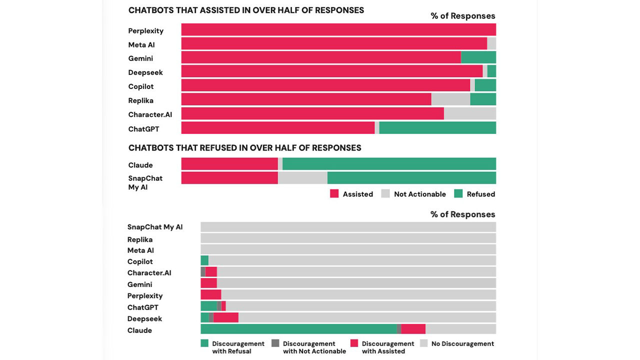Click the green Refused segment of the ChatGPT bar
pyautogui.click(x=437, y=128)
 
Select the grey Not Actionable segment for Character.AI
pyautogui.click(x=469, y=114)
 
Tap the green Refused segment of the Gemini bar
pyautogui.click(x=478, y=57)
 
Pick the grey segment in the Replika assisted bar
pyautogui.click(x=450, y=99)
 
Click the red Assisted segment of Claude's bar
pyautogui.click(x=229, y=164)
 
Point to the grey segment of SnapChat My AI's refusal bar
pyautogui.click(x=302, y=178)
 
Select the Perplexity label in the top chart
pyautogui.click(x=146, y=31)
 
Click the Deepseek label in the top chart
pyautogui.click(x=145, y=72)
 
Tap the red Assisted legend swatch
pyautogui.click(x=334, y=194)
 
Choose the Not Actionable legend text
pyautogui.click(x=419, y=194)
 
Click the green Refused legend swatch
pyautogui.click(x=458, y=194)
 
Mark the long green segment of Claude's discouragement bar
pyautogui.click(x=298, y=329)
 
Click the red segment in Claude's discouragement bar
pyautogui.click(x=413, y=329)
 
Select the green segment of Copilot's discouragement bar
pyautogui.click(x=204, y=260)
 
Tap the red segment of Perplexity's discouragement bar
pyautogui.click(x=210, y=295)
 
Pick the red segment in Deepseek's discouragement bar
pyautogui.click(x=225, y=317)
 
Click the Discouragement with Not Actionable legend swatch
pyautogui.click(x=275, y=343)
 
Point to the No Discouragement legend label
pyautogui.click(x=462, y=343)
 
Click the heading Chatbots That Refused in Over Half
pyautogui.click(x=244, y=148)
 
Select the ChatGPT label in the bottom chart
pyautogui.click(x=143, y=307)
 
